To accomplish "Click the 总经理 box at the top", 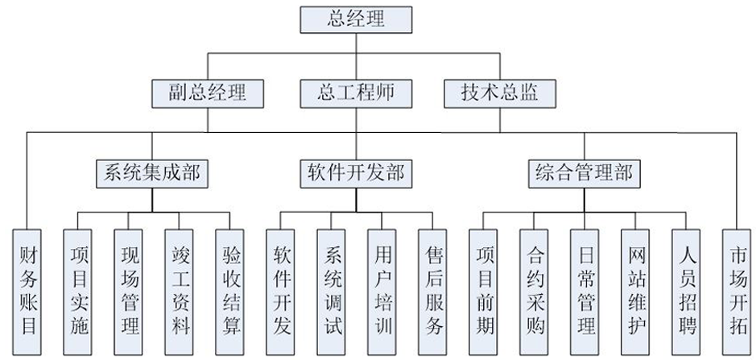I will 356,19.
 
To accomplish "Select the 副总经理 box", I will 208,92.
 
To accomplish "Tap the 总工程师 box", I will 356,92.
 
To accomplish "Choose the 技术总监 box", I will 501,92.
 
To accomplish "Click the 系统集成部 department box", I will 151,172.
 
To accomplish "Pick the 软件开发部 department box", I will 355,172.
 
